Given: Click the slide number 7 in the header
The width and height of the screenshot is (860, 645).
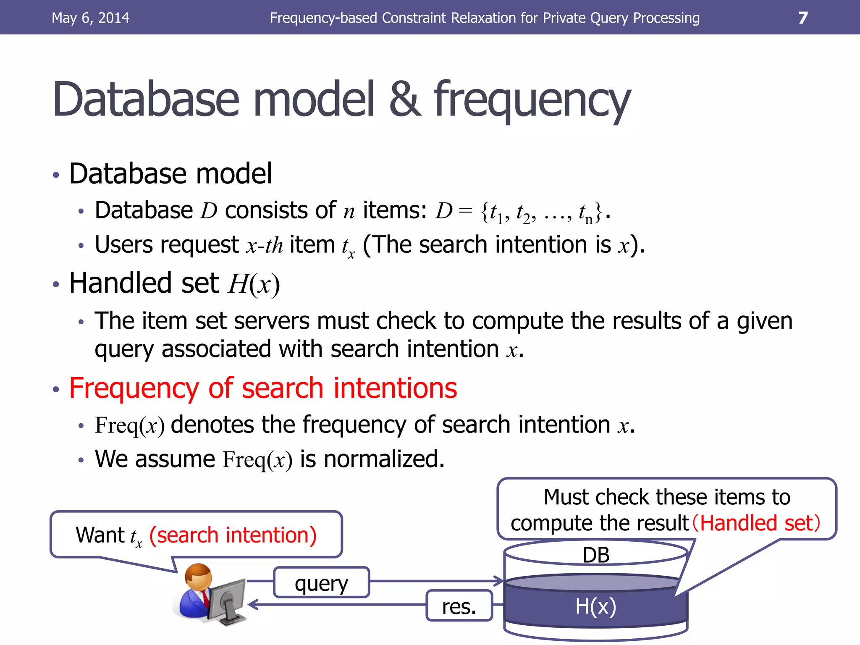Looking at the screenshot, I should [802, 18].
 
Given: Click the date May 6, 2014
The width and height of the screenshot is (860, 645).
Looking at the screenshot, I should [90, 18].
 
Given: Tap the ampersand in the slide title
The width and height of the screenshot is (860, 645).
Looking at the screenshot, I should [405, 100].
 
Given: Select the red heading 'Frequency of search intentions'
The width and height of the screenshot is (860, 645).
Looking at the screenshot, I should [263, 388].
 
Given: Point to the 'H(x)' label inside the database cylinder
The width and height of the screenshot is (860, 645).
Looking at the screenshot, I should [595, 606].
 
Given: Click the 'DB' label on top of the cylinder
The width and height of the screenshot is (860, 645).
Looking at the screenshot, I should [596, 555].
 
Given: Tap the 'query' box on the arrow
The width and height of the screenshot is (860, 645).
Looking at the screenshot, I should [321, 583].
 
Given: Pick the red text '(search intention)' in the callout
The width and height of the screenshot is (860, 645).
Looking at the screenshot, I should [233, 535].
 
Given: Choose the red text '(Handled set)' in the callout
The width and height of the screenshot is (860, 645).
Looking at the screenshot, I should [756, 523].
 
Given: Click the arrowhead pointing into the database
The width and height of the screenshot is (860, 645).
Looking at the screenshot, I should [498, 581].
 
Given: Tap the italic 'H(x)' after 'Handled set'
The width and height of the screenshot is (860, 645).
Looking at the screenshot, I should [254, 284].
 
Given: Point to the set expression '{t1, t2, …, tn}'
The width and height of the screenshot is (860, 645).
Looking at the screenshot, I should [542, 212].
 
